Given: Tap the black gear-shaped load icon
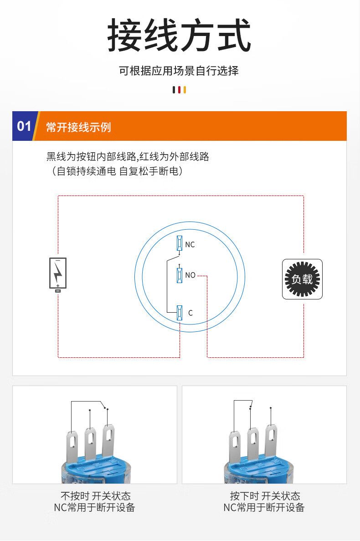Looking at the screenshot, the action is pyautogui.click(x=303, y=279).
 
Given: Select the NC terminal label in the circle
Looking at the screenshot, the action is pyautogui.click(x=190, y=245).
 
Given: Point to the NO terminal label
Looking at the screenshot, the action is pyautogui.click(x=190, y=275).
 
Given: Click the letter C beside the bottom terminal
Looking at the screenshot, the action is pyautogui.click(x=190, y=313).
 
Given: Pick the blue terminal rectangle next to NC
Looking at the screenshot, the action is pyautogui.click(x=179, y=243).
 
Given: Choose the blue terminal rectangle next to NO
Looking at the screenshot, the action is pyautogui.click(x=179, y=275).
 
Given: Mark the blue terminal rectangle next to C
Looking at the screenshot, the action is pyautogui.click(x=179, y=313).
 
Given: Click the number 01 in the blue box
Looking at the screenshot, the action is pyautogui.click(x=24, y=126).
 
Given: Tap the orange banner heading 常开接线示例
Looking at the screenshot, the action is pyautogui.click(x=79, y=127).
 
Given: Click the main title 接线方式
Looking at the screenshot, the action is pyautogui.click(x=179, y=35).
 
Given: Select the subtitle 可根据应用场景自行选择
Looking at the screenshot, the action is pyautogui.click(x=179, y=71).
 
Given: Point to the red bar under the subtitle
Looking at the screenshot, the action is pyautogui.click(x=179, y=90).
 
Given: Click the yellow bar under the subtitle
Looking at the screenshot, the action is pyautogui.click(x=185, y=90).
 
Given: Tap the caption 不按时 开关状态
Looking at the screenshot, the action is pyautogui.click(x=96, y=496).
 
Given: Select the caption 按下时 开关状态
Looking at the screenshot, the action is pyautogui.click(x=265, y=496).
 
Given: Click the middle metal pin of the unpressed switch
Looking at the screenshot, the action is pyautogui.click(x=91, y=444).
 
